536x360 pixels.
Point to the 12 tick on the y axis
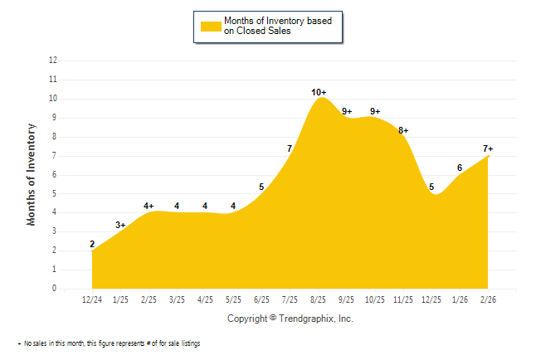click(x=54, y=61)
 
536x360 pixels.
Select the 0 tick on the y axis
click(x=54, y=289)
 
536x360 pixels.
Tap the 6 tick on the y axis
click(x=54, y=175)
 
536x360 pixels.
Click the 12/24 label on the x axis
click(x=93, y=299)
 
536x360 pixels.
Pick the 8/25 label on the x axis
click(x=319, y=299)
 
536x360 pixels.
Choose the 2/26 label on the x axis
click(x=488, y=299)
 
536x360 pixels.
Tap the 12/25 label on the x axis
click(x=431, y=299)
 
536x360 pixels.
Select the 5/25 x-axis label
click(x=234, y=299)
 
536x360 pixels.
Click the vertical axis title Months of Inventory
click(x=32, y=174)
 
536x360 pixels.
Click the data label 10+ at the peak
click(x=319, y=92)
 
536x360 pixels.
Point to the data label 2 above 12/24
click(x=92, y=244)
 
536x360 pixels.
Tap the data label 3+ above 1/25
click(x=120, y=225)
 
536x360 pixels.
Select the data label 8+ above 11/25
click(x=403, y=130)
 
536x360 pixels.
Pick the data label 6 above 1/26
click(x=460, y=168)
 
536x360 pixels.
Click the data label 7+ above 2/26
click(x=488, y=148)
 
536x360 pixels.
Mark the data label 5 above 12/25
click(x=431, y=187)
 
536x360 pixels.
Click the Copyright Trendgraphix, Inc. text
click(x=290, y=319)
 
